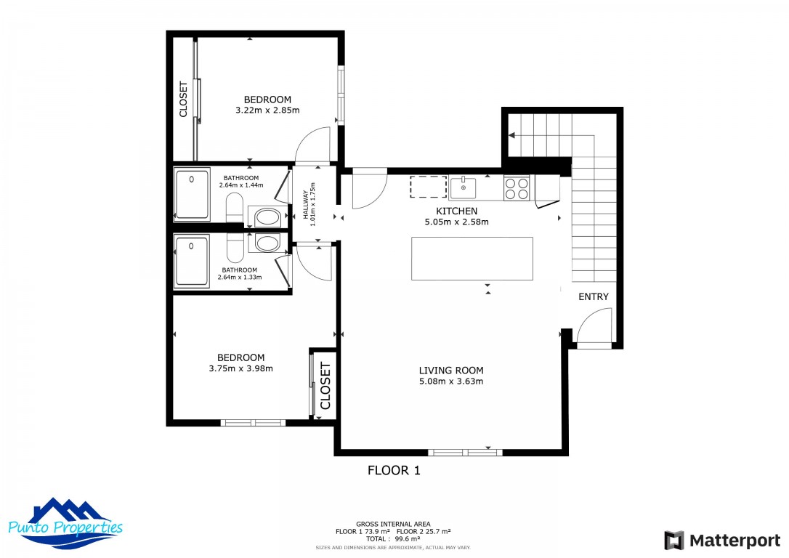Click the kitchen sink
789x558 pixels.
463,188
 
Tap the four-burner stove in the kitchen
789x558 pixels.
517,188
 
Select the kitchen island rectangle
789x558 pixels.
472,258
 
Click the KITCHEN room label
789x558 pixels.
456,211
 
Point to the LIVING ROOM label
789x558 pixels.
451,371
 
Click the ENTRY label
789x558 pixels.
594,297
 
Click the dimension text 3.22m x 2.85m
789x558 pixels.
267,110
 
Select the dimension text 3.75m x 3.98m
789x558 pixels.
240,368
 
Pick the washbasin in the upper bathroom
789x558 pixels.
234,206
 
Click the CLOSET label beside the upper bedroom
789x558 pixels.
183,99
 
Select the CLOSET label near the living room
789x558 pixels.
325,386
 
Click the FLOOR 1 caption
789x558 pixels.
394,470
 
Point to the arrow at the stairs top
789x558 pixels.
512,134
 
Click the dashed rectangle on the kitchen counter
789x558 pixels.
428,187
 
